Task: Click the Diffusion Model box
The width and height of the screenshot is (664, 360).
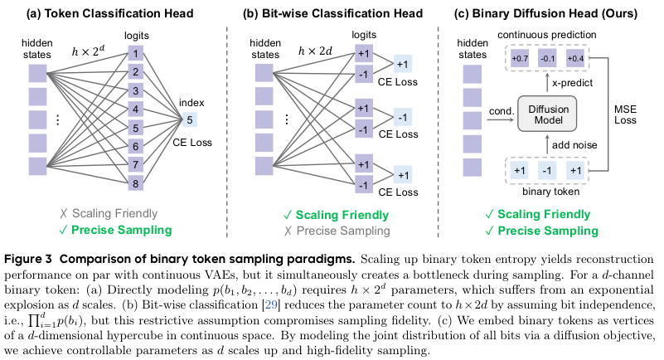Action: pyautogui.click(x=545, y=114)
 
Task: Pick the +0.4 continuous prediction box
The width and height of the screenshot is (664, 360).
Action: pyautogui.click(x=575, y=59)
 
